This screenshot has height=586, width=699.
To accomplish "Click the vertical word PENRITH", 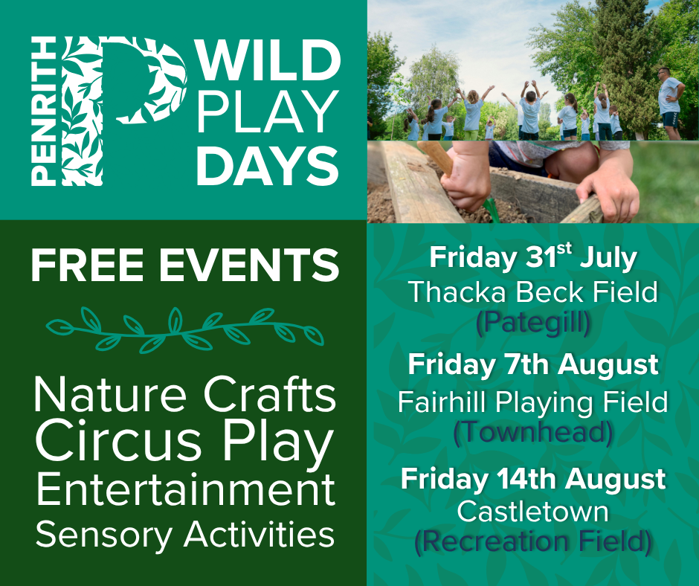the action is click(x=44, y=111).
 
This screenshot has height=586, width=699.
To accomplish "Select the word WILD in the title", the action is click(x=268, y=60).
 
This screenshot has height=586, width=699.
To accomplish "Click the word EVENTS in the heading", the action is click(x=249, y=265).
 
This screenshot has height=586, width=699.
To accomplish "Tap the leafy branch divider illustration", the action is click(x=184, y=330).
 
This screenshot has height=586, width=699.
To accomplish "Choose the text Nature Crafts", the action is click(x=185, y=395).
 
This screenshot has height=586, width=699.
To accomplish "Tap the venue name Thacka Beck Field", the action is click(x=533, y=292).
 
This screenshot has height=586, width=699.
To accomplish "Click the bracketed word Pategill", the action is click(x=533, y=323).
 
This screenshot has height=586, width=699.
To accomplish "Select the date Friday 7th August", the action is click(x=533, y=366).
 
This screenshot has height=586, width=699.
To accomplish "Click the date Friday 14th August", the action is click(x=533, y=480).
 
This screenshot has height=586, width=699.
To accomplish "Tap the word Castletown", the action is click(x=533, y=512).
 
